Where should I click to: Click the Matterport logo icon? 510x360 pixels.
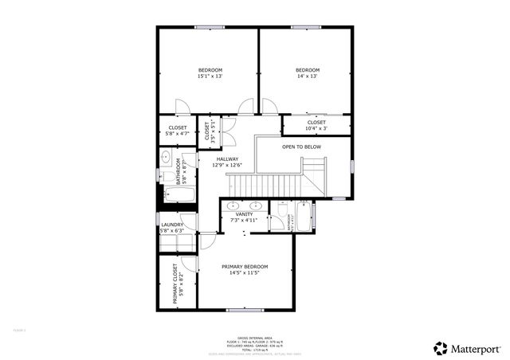coord(440,348)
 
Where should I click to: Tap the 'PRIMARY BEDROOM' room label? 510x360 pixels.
coord(245,266)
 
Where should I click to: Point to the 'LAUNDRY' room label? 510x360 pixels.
coord(173,225)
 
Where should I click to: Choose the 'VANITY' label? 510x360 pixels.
coord(244,213)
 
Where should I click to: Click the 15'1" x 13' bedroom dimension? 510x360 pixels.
coord(210,78)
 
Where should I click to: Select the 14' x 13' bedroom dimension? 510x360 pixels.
coord(307,78)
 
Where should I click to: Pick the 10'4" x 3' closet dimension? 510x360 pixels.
coord(316,128)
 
